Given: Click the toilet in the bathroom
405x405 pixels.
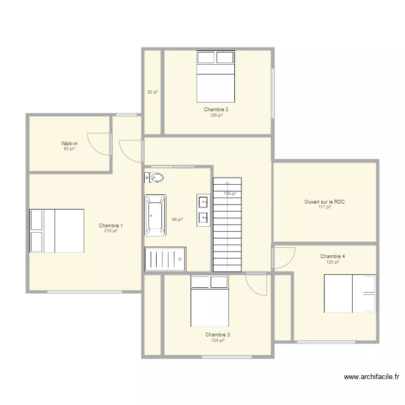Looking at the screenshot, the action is point(154,178).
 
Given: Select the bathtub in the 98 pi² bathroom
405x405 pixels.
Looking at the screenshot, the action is point(155,215).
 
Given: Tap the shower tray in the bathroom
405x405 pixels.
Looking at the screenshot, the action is point(165,259).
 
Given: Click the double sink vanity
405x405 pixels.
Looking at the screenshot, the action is point(203,211).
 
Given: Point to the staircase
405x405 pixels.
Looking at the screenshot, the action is point(227,225).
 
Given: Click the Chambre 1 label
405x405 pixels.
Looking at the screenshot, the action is point(111,226).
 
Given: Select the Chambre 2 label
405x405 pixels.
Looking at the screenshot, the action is point(216,110).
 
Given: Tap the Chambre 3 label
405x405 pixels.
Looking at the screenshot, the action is point(218,335).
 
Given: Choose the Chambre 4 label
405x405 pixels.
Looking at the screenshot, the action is point(333,256).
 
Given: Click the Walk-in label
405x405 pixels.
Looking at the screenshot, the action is point(69,143).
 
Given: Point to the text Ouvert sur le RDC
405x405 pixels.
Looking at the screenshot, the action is point(325,202).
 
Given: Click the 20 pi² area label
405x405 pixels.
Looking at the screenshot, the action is point(153,92).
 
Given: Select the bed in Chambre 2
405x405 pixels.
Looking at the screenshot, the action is point(215,77).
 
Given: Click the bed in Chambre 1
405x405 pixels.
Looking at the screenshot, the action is point(57,231).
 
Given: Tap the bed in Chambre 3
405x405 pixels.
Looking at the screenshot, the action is point(210,301).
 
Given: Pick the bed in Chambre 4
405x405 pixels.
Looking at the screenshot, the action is point(350,294).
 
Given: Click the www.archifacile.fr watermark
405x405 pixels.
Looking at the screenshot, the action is point(372,377).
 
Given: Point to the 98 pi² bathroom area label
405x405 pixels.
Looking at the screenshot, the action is point(178,220).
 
